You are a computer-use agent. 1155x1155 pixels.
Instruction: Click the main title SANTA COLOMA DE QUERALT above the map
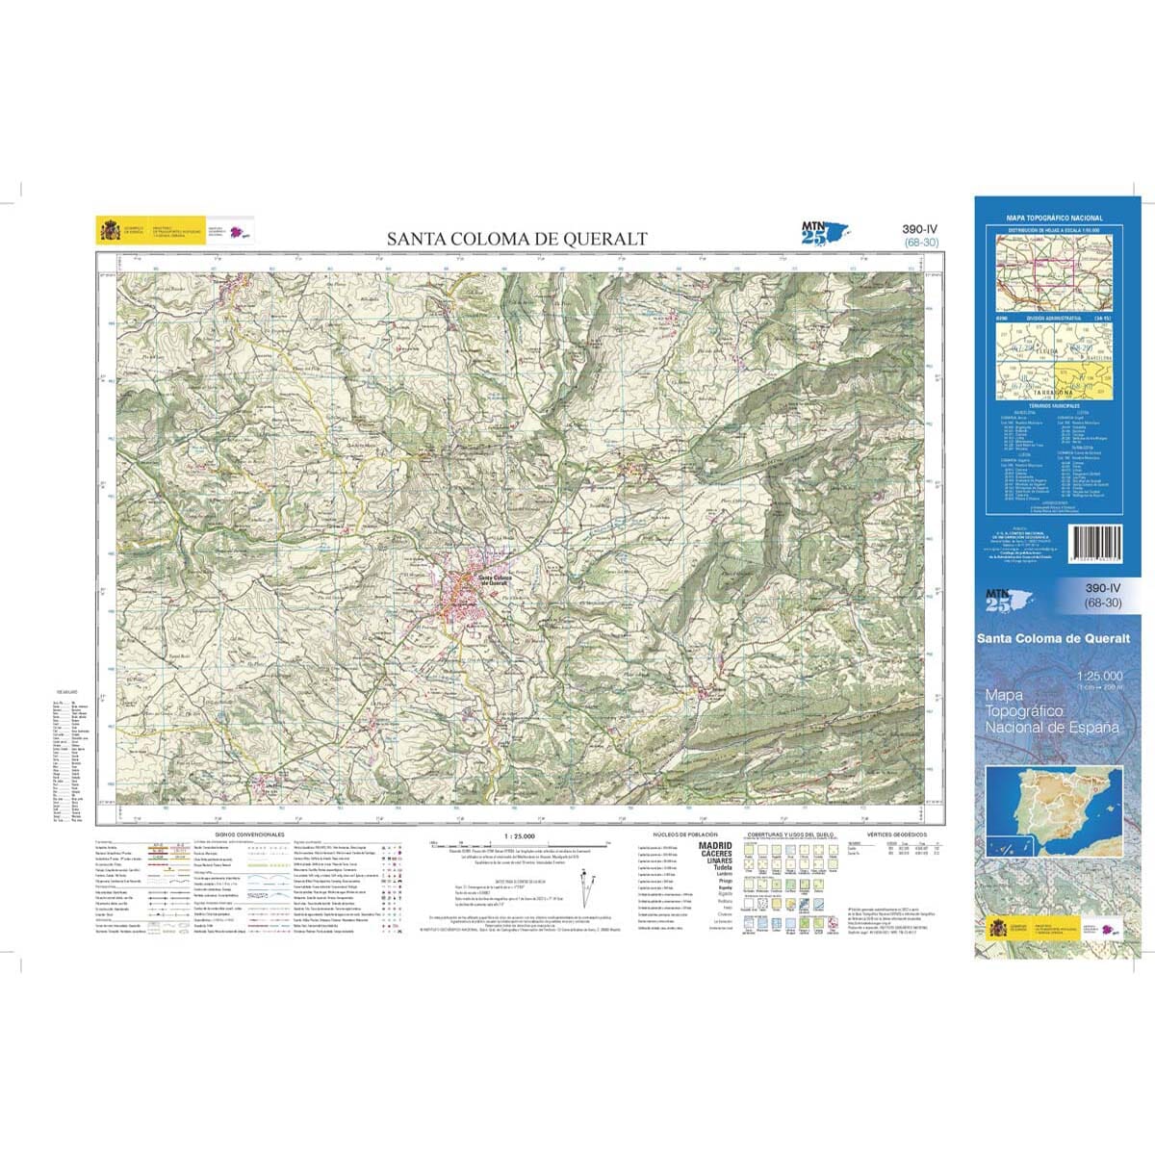tap(517, 239)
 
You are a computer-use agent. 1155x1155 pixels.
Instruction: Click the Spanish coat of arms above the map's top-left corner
tap(109, 231)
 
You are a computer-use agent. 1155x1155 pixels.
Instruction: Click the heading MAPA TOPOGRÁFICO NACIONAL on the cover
tap(1054, 218)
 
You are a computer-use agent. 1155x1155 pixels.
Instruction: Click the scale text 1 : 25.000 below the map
tap(519, 834)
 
